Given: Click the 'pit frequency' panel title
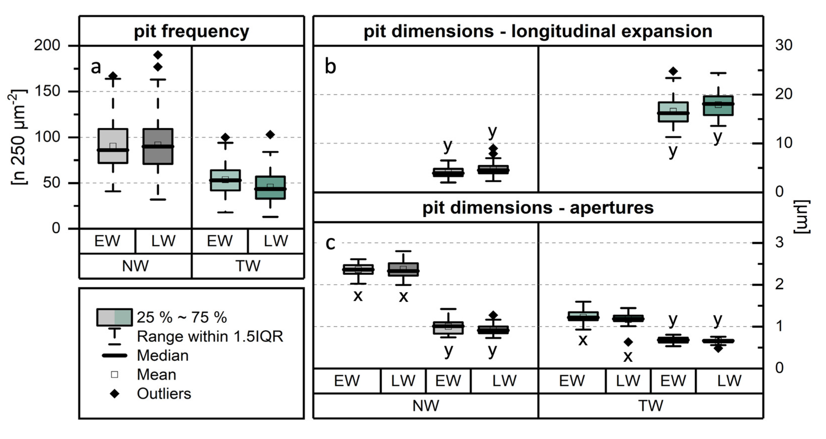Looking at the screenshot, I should (191, 31).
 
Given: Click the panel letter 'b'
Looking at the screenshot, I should (330, 67).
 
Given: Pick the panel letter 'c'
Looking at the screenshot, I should (330, 243).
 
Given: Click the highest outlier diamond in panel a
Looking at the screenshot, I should (158, 55).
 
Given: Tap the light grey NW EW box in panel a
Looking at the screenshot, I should (113, 146).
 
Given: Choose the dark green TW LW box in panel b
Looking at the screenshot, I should (718, 106).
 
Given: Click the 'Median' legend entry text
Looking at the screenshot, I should (163, 355).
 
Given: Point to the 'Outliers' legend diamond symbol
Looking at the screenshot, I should (114, 394).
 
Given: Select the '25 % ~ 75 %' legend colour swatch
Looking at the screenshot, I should (114, 317).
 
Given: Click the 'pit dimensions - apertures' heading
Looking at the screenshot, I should (538, 208).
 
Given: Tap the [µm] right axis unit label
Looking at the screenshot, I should (802, 217).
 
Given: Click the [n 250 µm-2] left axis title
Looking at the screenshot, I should (19, 137).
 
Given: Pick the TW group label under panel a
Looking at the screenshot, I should (248, 266).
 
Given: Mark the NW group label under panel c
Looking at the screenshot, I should (425, 406).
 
